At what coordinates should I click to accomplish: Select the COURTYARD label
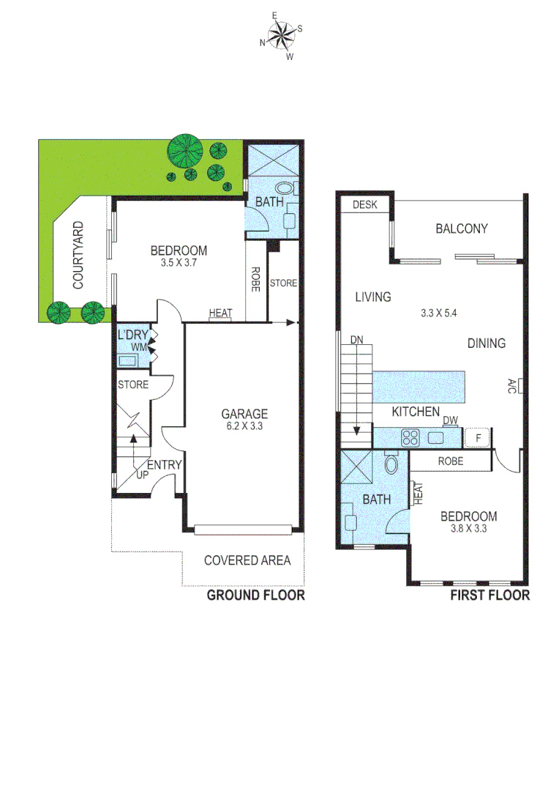point(78,255)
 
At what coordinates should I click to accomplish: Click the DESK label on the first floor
point(364,205)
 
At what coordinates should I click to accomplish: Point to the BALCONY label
point(461,229)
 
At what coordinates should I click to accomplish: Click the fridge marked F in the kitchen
point(478,438)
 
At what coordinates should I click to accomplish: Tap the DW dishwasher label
point(450,420)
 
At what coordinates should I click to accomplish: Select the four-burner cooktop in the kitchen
point(410,439)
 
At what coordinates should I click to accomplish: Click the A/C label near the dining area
point(511,386)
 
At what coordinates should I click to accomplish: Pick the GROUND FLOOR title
point(255,595)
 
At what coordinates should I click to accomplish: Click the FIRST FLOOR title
point(489,595)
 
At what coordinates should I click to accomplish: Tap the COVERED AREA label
point(247,561)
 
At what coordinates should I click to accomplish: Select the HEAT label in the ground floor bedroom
point(220,313)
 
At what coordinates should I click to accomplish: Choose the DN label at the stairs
point(356,341)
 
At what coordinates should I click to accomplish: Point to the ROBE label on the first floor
point(451,461)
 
